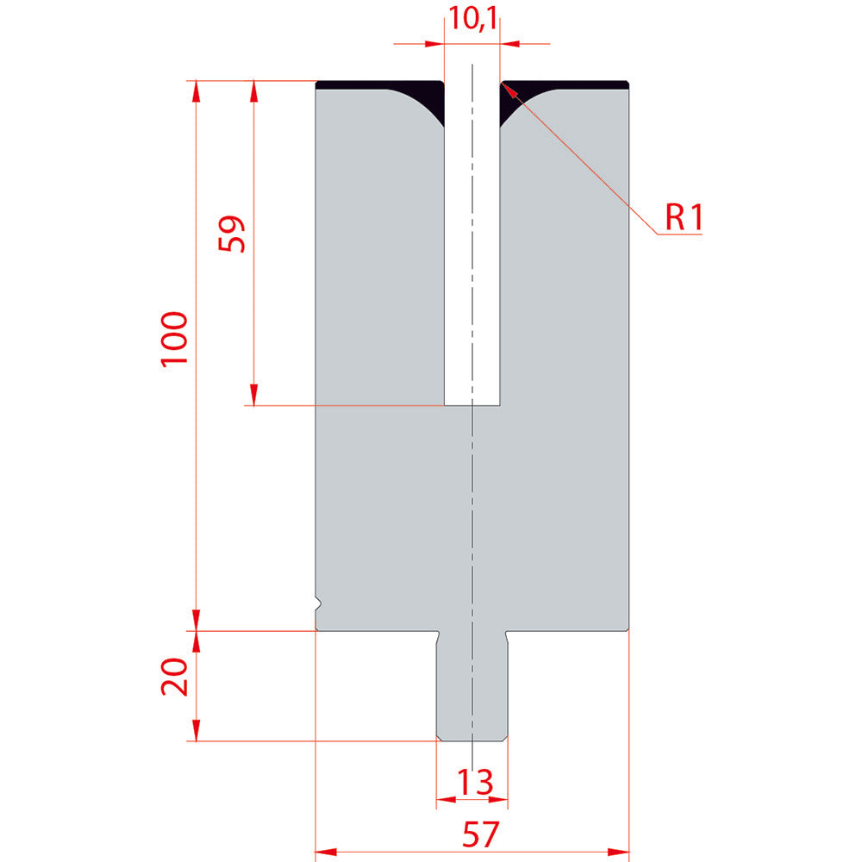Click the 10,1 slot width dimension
pyautogui.click(x=472, y=18)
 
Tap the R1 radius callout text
pyautogui.click(x=684, y=217)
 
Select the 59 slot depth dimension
pyautogui.click(x=231, y=234)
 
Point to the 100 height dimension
pyautogui.click(x=174, y=339)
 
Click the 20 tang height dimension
pyautogui.click(x=174, y=677)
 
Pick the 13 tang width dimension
pyautogui.click(x=474, y=782)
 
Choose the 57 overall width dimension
pyautogui.click(x=480, y=834)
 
